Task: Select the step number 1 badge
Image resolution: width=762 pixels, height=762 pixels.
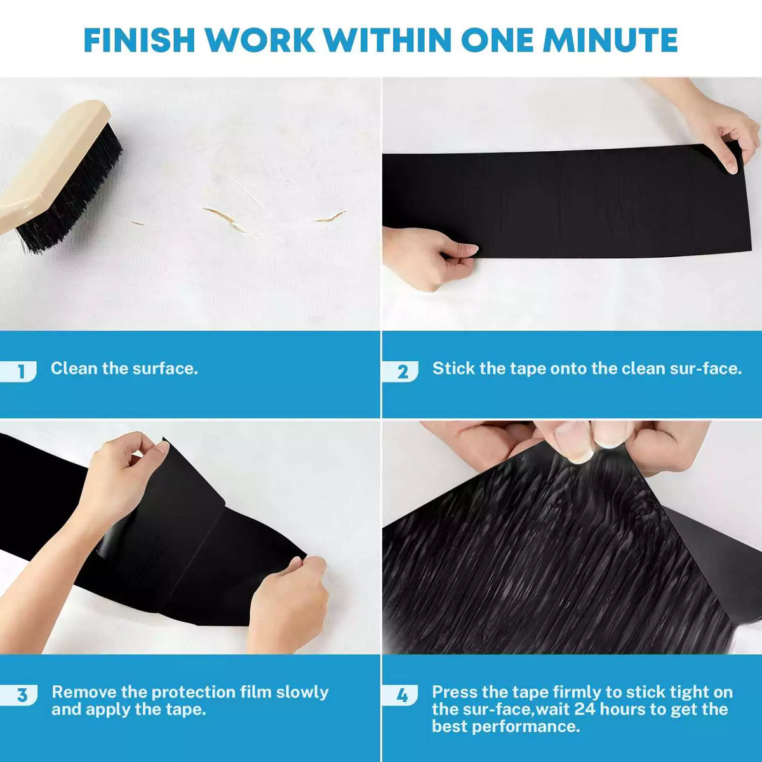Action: click(x=18, y=371)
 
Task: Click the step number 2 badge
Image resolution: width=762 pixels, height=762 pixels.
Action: click(x=400, y=371)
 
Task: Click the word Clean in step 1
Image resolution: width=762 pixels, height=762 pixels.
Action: click(x=74, y=368)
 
